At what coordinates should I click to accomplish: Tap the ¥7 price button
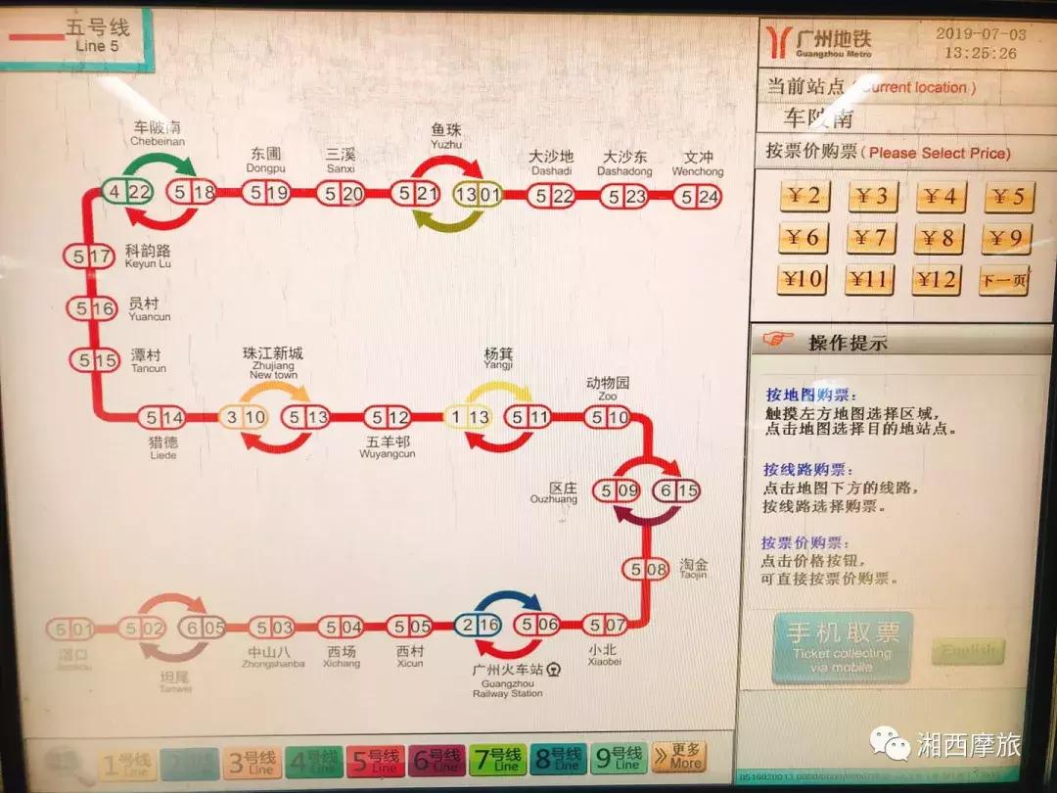[x=870, y=238]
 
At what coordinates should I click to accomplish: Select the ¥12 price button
[x=937, y=281]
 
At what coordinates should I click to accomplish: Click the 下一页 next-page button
[x=1004, y=281]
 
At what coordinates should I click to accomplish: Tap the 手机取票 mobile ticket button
[x=842, y=646]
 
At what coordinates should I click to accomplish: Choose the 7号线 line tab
[x=506, y=759]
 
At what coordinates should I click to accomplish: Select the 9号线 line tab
[x=620, y=759]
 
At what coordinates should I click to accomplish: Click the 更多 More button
[x=678, y=757]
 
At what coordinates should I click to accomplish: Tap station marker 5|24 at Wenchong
[x=698, y=196]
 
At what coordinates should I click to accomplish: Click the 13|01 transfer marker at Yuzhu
[x=479, y=194]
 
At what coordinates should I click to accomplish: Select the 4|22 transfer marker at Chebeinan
[x=128, y=192]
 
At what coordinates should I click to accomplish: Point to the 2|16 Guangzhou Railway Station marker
[x=479, y=625]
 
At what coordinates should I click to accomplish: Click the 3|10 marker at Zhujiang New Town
[x=243, y=417]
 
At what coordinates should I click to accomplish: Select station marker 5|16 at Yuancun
[x=92, y=308]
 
